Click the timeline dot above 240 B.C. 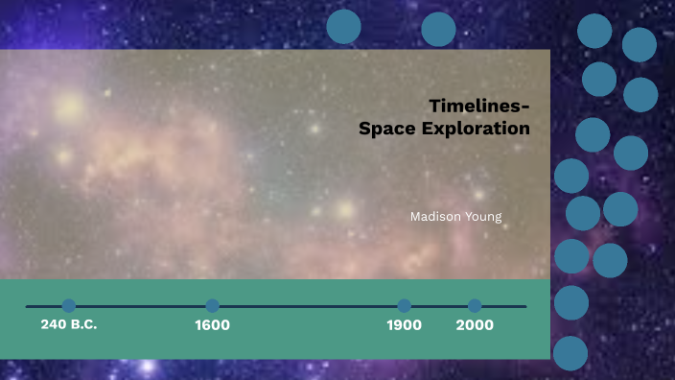(x=69, y=306)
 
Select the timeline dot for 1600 (x=213, y=306)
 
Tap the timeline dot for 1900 (x=405, y=306)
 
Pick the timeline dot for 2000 (x=475, y=306)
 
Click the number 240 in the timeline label (x=54, y=324)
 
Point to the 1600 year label (x=212, y=325)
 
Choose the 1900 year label (x=405, y=325)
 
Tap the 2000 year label (x=475, y=325)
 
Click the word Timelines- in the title (x=479, y=106)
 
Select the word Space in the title (x=386, y=128)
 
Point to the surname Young (x=484, y=217)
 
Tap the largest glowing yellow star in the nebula (x=69, y=108)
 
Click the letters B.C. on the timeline (x=83, y=324)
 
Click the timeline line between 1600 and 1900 (x=307, y=306)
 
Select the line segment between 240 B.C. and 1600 (x=141, y=306)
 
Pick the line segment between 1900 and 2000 (x=440, y=306)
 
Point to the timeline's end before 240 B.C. (x=29, y=306)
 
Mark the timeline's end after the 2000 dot (x=524, y=306)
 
